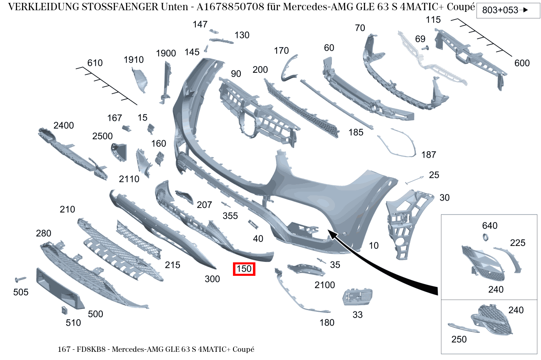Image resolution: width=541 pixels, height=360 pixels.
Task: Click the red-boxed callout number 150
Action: click(x=244, y=269)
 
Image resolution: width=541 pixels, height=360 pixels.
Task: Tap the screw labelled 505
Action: click(x=20, y=280)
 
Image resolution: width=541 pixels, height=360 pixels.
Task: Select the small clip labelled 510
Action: click(x=64, y=310)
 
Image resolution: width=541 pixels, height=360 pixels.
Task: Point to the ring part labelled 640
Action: click(x=485, y=237)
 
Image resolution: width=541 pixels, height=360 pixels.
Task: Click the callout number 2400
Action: click(x=64, y=125)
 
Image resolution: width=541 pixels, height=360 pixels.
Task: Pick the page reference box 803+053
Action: click(x=508, y=10)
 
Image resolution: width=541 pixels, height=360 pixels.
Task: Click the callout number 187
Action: click(x=429, y=154)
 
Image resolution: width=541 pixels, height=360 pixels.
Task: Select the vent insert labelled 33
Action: click(x=357, y=297)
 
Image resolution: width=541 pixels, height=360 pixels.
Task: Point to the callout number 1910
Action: click(x=133, y=60)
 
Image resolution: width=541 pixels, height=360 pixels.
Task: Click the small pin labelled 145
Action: click(x=206, y=48)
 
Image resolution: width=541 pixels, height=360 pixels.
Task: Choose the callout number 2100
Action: click(x=325, y=285)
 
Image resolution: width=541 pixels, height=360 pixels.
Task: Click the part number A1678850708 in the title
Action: click(x=231, y=7)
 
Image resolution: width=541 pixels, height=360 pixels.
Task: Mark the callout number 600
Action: click(x=522, y=63)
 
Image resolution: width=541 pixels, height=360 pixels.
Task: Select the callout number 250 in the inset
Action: click(x=459, y=339)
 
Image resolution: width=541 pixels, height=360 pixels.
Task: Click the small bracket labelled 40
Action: click(x=253, y=224)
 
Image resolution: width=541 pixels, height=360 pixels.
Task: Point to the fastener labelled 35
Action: click(x=321, y=261)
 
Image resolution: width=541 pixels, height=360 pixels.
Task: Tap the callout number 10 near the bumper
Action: click(x=374, y=246)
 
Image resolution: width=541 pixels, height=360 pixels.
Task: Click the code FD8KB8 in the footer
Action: click(x=91, y=349)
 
